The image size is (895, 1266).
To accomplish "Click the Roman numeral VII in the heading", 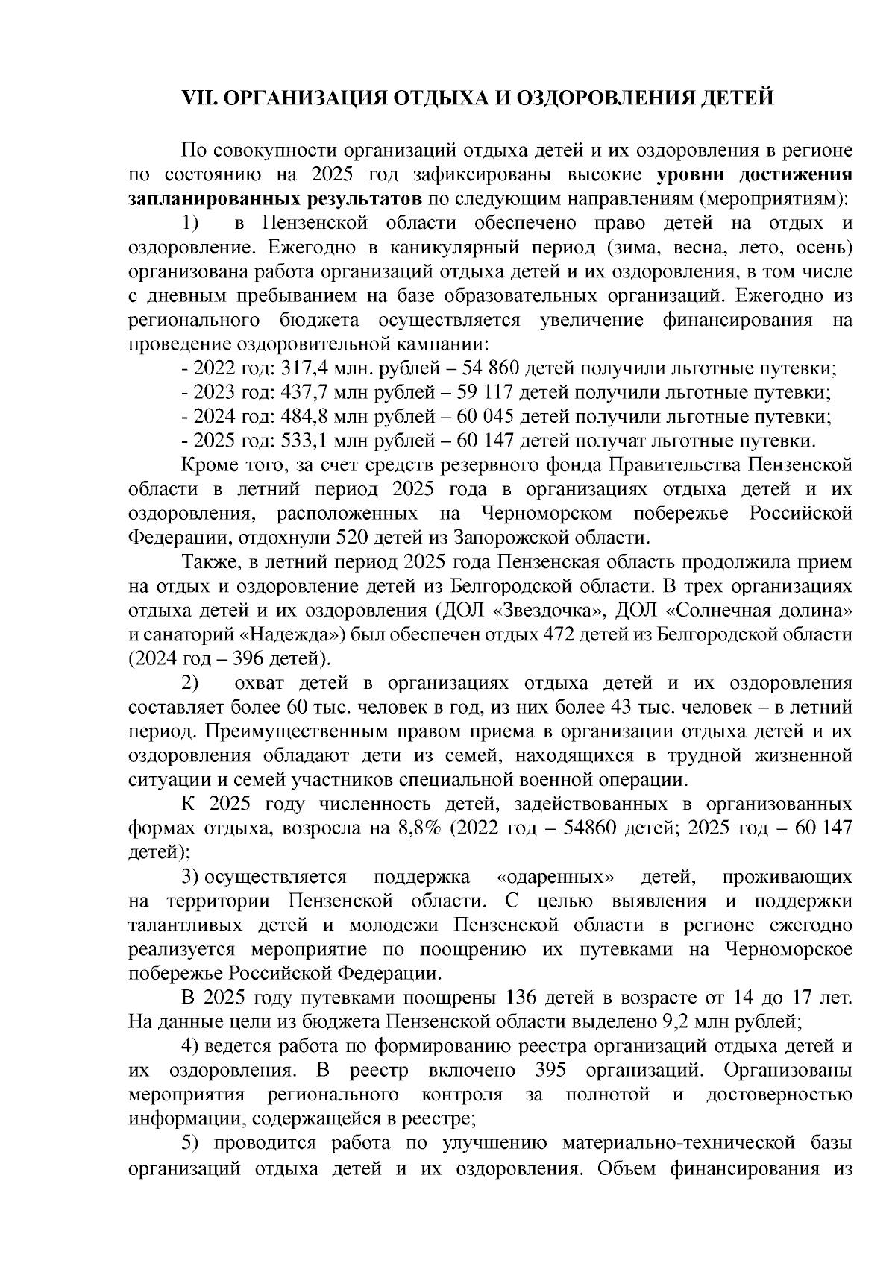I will [199, 99].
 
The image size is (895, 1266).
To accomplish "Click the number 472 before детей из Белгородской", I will [557, 634].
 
